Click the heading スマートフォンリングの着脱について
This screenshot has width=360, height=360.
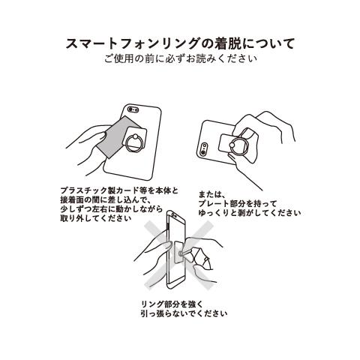click(180, 43)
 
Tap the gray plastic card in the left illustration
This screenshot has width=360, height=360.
click(119, 136)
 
